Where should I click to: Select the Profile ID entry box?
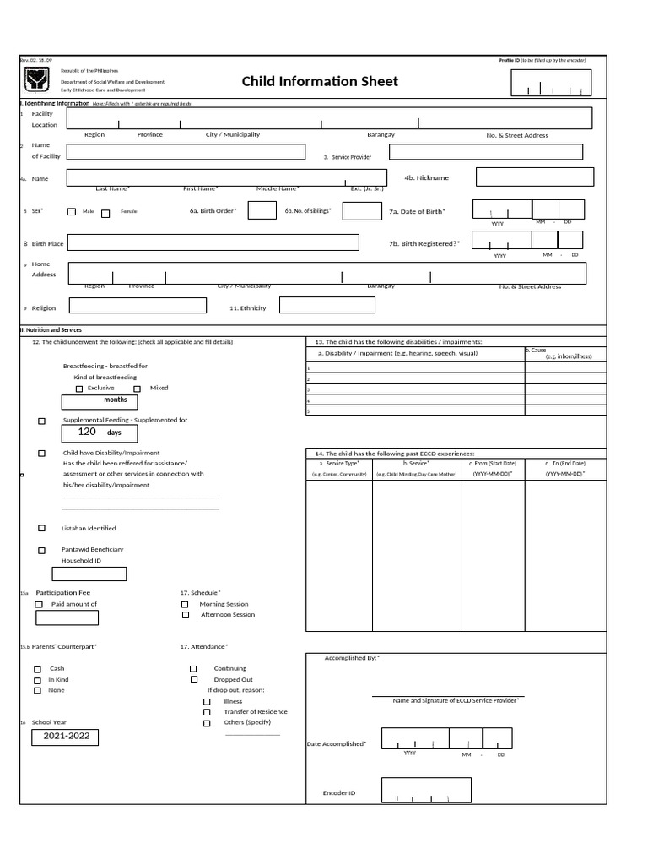[x=551, y=84]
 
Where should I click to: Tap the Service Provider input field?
[x=485, y=152]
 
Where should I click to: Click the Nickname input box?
[x=535, y=177]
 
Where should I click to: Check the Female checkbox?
[x=105, y=213]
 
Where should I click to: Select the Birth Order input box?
[x=262, y=210]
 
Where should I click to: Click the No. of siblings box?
[x=362, y=211]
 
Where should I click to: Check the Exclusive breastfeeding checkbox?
[x=79, y=389]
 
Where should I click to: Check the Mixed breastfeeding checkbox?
[x=138, y=389]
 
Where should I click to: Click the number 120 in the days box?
[x=87, y=432]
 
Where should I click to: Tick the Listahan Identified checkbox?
[x=42, y=528]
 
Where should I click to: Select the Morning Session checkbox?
[x=185, y=605]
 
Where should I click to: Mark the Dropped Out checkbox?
[x=194, y=679]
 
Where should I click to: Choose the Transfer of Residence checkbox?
[x=208, y=712]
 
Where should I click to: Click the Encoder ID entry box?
[x=426, y=790]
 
